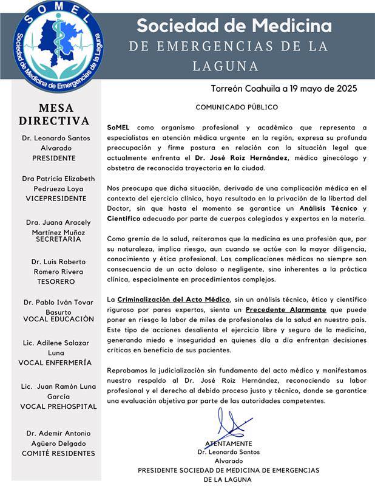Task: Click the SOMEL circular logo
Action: click(59, 46)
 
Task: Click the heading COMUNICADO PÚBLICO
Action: click(237, 108)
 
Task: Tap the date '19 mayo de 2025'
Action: click(320, 88)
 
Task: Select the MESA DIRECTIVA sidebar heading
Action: click(53, 115)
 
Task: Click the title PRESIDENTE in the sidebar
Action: click(54, 158)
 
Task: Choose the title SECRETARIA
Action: click(54, 240)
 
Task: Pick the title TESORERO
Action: click(54, 282)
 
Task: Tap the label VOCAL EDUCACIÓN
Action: click(58, 319)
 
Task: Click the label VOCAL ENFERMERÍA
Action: click(55, 363)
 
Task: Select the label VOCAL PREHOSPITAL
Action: click(58, 406)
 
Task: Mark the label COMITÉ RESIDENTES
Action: click(58, 453)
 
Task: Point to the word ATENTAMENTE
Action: click(228, 443)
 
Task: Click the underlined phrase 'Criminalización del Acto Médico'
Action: click(174, 299)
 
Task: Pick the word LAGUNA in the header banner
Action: click(226, 65)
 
